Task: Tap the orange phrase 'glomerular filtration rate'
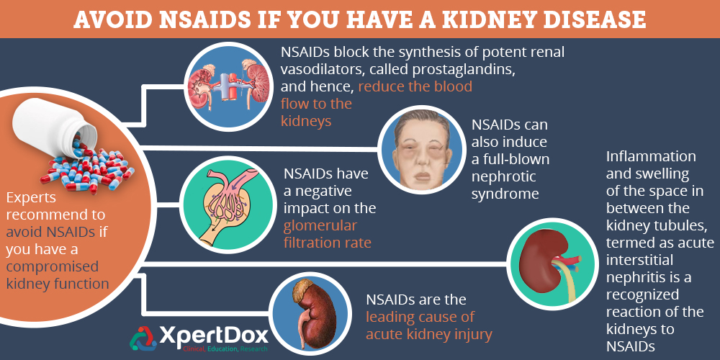[x=328, y=234]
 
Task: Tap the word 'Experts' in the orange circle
[x=33, y=197]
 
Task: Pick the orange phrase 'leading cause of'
[x=420, y=317]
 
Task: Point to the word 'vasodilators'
[x=327, y=70]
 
